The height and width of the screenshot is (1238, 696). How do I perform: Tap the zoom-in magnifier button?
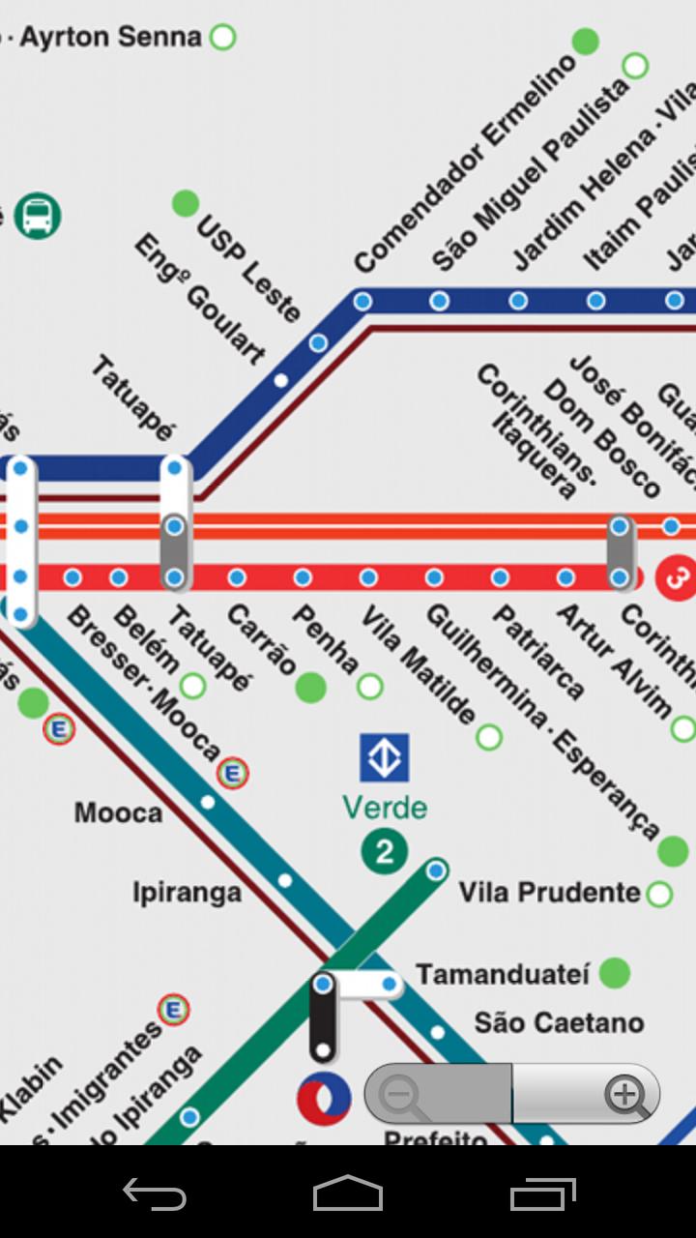point(625,1095)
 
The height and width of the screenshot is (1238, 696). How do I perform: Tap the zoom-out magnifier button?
point(399,1095)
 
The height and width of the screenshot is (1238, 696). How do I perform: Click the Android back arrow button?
point(155,1194)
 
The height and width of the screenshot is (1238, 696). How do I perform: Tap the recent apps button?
point(542,1194)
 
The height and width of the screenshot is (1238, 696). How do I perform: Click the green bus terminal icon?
point(38,215)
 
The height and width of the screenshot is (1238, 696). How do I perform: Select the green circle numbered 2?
point(385,852)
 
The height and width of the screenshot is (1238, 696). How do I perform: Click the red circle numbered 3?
point(677,578)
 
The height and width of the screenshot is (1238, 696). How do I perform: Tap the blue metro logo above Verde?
point(385,757)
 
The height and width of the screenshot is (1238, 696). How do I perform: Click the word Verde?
point(385,808)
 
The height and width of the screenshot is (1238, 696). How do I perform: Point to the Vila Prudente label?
point(549,892)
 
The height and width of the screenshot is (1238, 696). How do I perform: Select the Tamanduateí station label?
point(502,974)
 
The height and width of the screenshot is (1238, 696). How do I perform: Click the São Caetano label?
point(559,1022)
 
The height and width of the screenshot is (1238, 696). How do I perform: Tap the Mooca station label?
point(118,812)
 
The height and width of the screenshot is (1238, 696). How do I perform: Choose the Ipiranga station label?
point(187,892)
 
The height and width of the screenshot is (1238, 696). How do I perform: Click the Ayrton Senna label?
point(110,38)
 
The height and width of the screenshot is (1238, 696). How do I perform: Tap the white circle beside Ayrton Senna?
point(223,38)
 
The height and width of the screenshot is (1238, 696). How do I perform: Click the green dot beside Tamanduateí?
point(614,973)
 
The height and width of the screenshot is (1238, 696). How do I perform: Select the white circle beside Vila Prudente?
point(660,893)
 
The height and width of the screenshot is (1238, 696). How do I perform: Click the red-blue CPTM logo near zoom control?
point(324,1097)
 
